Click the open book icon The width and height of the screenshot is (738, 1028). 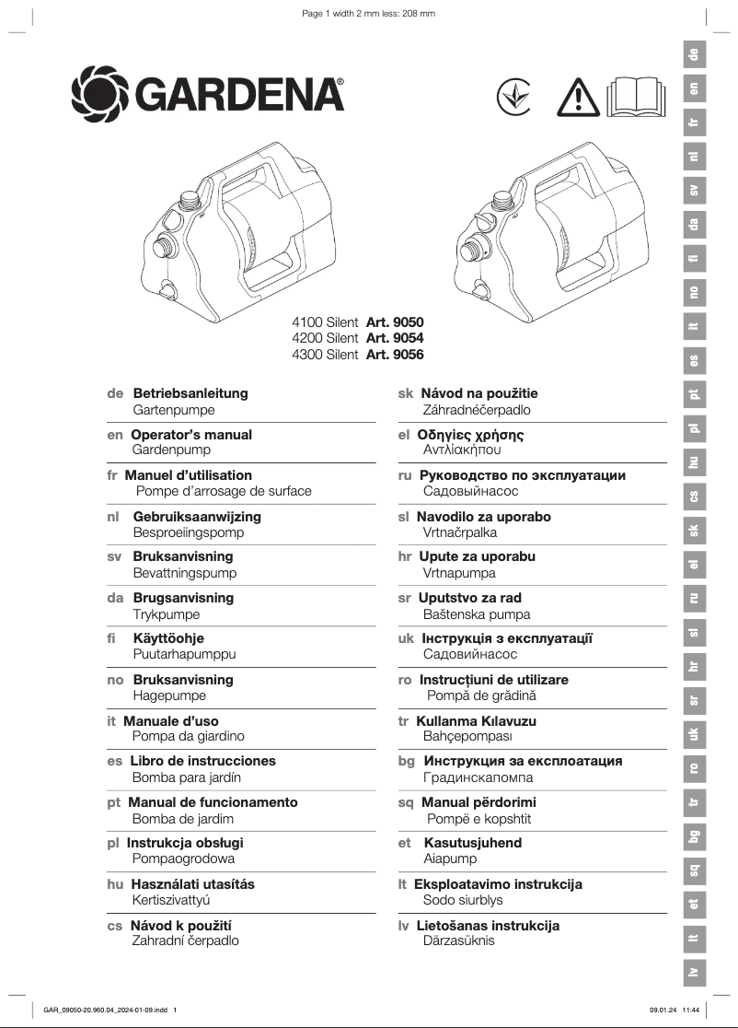click(x=635, y=97)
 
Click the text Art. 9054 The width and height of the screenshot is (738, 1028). click(x=395, y=338)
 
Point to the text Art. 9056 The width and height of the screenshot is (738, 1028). click(x=395, y=355)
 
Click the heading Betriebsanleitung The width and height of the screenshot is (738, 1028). click(x=190, y=393)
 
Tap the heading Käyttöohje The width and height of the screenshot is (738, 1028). click(x=168, y=638)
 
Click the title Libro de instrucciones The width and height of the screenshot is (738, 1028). click(x=203, y=761)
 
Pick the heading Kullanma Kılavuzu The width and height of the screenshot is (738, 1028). click(x=476, y=721)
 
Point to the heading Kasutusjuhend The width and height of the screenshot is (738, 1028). click(x=473, y=843)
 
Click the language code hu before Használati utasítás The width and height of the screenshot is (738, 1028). click(x=115, y=884)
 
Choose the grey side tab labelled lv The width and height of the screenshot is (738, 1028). click(x=695, y=971)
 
